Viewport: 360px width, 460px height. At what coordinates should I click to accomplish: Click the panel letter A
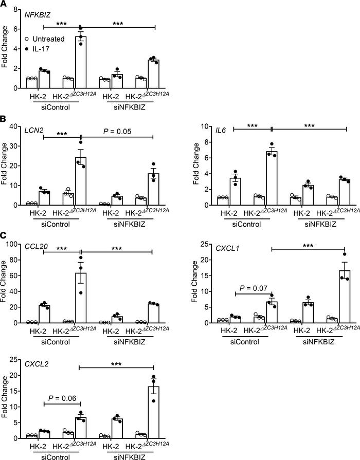point(5,5)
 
